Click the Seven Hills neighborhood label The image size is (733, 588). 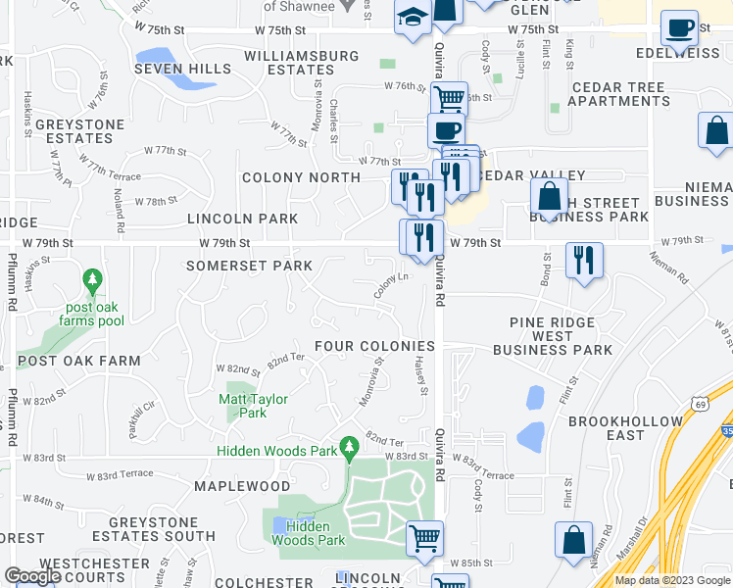point(183,69)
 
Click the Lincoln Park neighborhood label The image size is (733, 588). point(242,219)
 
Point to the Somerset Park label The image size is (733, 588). point(249,266)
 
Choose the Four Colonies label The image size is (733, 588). point(374,346)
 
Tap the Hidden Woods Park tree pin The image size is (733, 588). point(348,448)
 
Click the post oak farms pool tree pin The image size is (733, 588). point(91,282)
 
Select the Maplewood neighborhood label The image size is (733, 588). point(242,486)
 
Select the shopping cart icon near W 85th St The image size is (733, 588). point(424,537)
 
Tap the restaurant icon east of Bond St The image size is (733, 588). point(584,261)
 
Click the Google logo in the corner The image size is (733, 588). point(32,576)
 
